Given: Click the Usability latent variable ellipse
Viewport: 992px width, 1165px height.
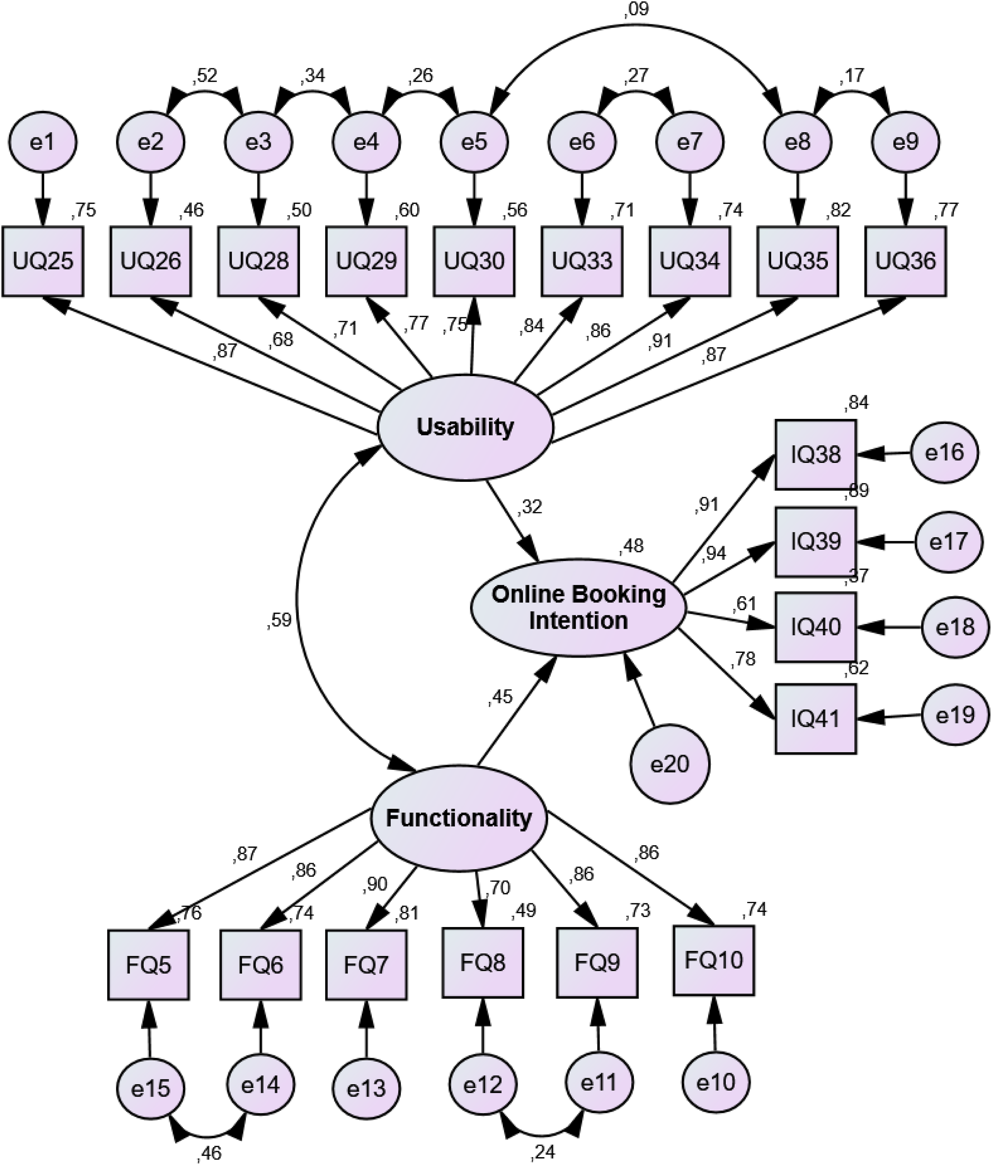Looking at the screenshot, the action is click(466, 427).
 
